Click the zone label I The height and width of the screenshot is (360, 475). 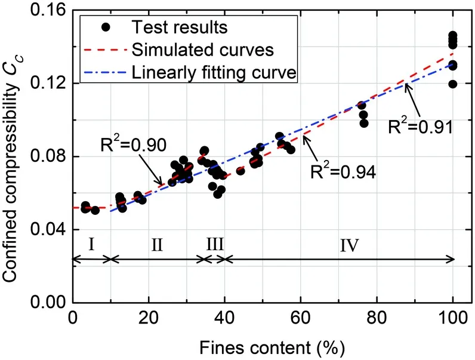coord(91,244)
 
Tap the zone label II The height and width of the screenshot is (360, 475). coord(157,244)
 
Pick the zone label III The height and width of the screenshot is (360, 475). coord(214,244)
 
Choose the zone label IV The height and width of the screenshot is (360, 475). coord(349,244)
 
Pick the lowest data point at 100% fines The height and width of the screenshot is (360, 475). coord(453,84)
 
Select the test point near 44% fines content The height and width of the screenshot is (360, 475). coord(240,171)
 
